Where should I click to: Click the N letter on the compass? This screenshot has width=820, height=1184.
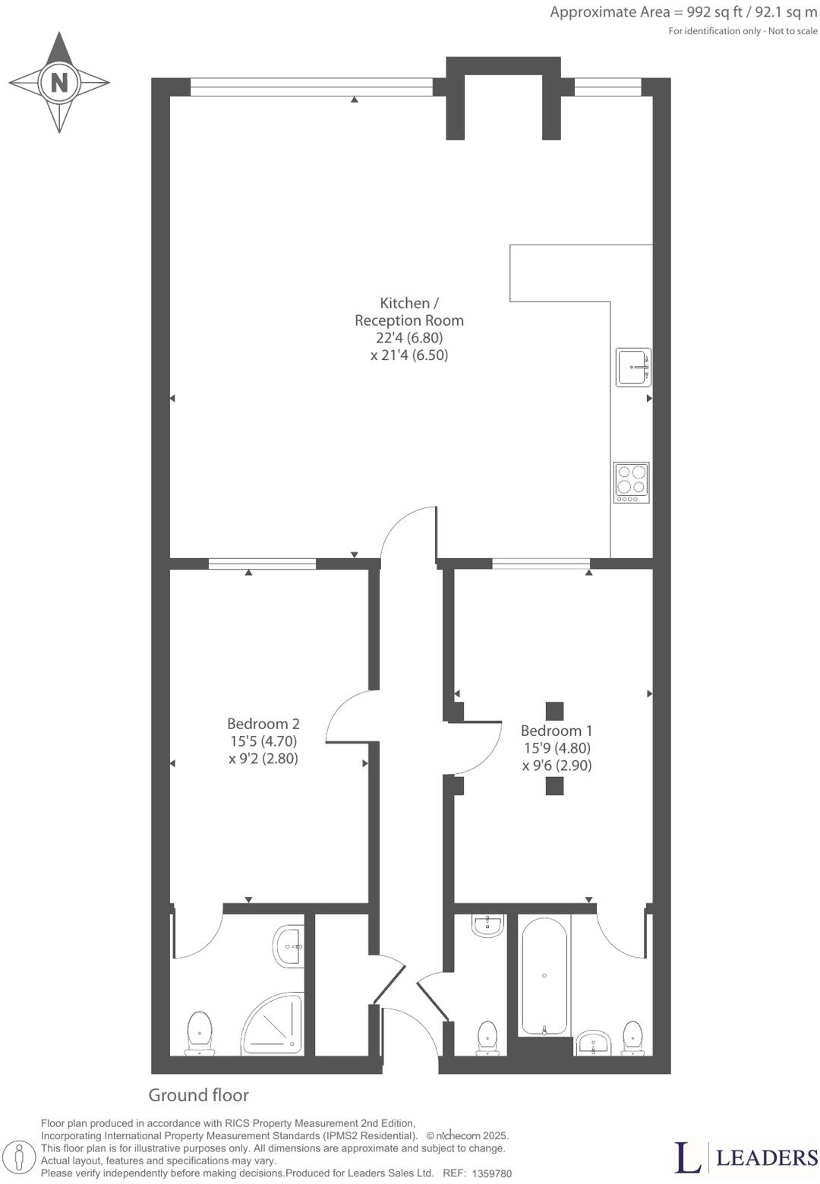59,82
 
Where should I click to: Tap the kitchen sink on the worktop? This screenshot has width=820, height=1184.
633,368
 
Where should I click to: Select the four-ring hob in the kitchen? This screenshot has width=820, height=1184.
632,481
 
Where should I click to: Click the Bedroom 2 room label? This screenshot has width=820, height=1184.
263,724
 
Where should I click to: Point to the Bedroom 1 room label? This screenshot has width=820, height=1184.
557,731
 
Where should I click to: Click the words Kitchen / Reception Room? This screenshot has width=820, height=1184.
409,311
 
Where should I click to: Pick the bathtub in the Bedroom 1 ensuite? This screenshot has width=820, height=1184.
544,975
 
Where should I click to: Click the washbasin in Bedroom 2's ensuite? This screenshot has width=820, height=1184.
289,946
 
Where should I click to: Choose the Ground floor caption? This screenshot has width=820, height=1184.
198,1095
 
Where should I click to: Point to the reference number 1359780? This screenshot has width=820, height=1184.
491,1173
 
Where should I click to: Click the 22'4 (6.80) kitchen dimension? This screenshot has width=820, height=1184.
409,338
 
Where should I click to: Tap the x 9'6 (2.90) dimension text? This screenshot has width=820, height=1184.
557,766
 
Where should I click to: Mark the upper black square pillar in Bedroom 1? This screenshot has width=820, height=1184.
555,711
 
